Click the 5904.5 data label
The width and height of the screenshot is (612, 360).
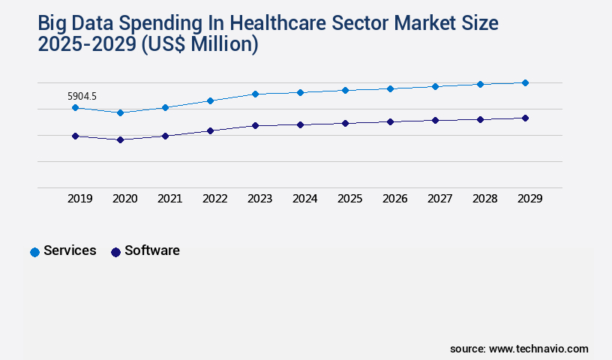click(82, 96)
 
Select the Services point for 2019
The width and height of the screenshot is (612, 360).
click(75, 108)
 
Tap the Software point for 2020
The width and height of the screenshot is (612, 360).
click(120, 139)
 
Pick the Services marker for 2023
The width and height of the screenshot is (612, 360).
click(255, 94)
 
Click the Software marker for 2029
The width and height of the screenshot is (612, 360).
click(525, 118)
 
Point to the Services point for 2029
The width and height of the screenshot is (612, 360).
click(525, 82)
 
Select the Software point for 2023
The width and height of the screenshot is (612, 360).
click(255, 125)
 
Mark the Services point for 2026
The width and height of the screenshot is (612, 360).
click(390, 88)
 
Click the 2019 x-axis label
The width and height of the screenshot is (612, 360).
click(79, 199)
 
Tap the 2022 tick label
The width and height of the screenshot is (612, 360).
click(214, 199)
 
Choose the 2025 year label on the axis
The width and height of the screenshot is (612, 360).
click(349, 199)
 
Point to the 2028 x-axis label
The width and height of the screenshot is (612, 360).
click(484, 199)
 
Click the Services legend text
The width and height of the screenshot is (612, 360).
click(70, 250)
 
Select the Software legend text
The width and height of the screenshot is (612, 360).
click(152, 250)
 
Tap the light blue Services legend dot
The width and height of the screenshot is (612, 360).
click(34, 252)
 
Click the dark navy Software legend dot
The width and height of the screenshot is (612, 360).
click(115, 252)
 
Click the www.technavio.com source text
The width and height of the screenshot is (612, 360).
click(538, 349)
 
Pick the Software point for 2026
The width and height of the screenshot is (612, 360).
click(390, 121)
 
